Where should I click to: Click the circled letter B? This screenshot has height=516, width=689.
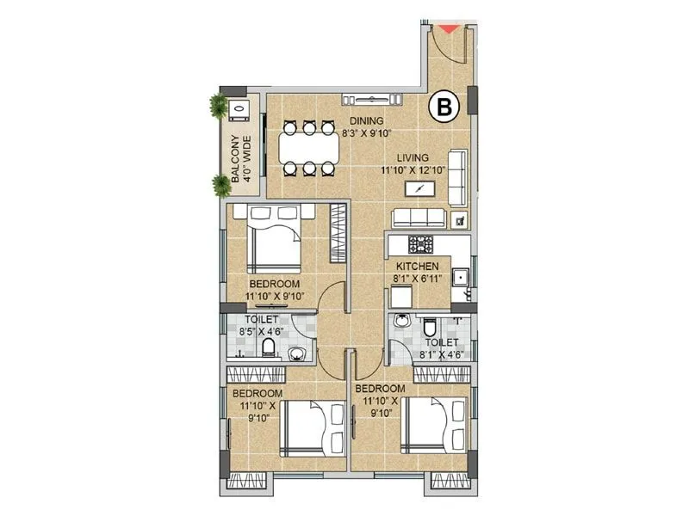tap(445, 107)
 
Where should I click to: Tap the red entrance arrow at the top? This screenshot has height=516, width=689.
tap(449, 28)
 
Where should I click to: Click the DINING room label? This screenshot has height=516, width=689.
tap(366, 127)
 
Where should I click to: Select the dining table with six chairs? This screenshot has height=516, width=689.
tap(307, 149)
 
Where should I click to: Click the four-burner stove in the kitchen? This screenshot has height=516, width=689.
tap(422, 243)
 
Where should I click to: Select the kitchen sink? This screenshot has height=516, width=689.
tap(462, 277)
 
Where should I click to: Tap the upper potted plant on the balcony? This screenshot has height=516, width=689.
tap(217, 107)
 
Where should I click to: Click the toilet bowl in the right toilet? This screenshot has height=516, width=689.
tap(430, 328)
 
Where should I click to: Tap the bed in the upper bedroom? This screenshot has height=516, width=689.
tap(275, 240)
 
